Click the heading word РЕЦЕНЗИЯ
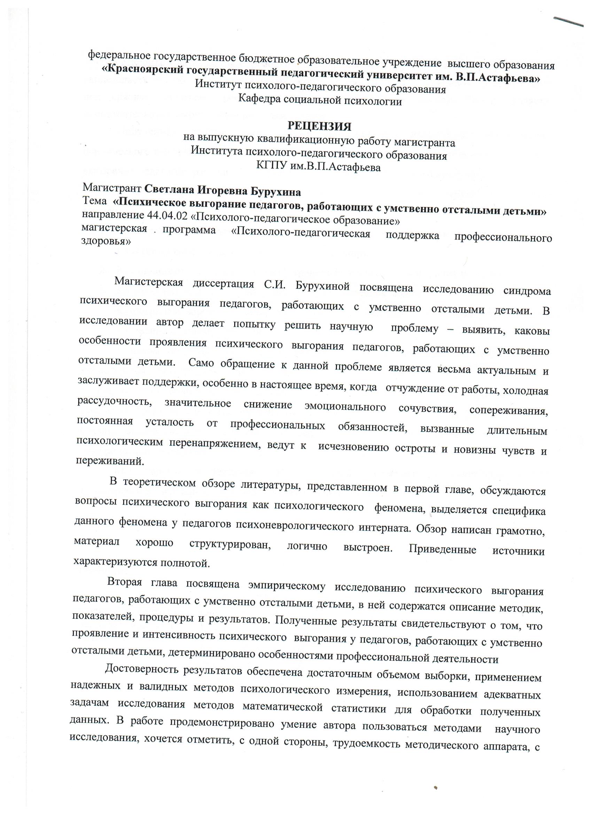click(x=320, y=127)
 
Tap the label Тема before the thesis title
click(x=94, y=201)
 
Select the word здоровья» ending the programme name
click(x=106, y=241)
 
